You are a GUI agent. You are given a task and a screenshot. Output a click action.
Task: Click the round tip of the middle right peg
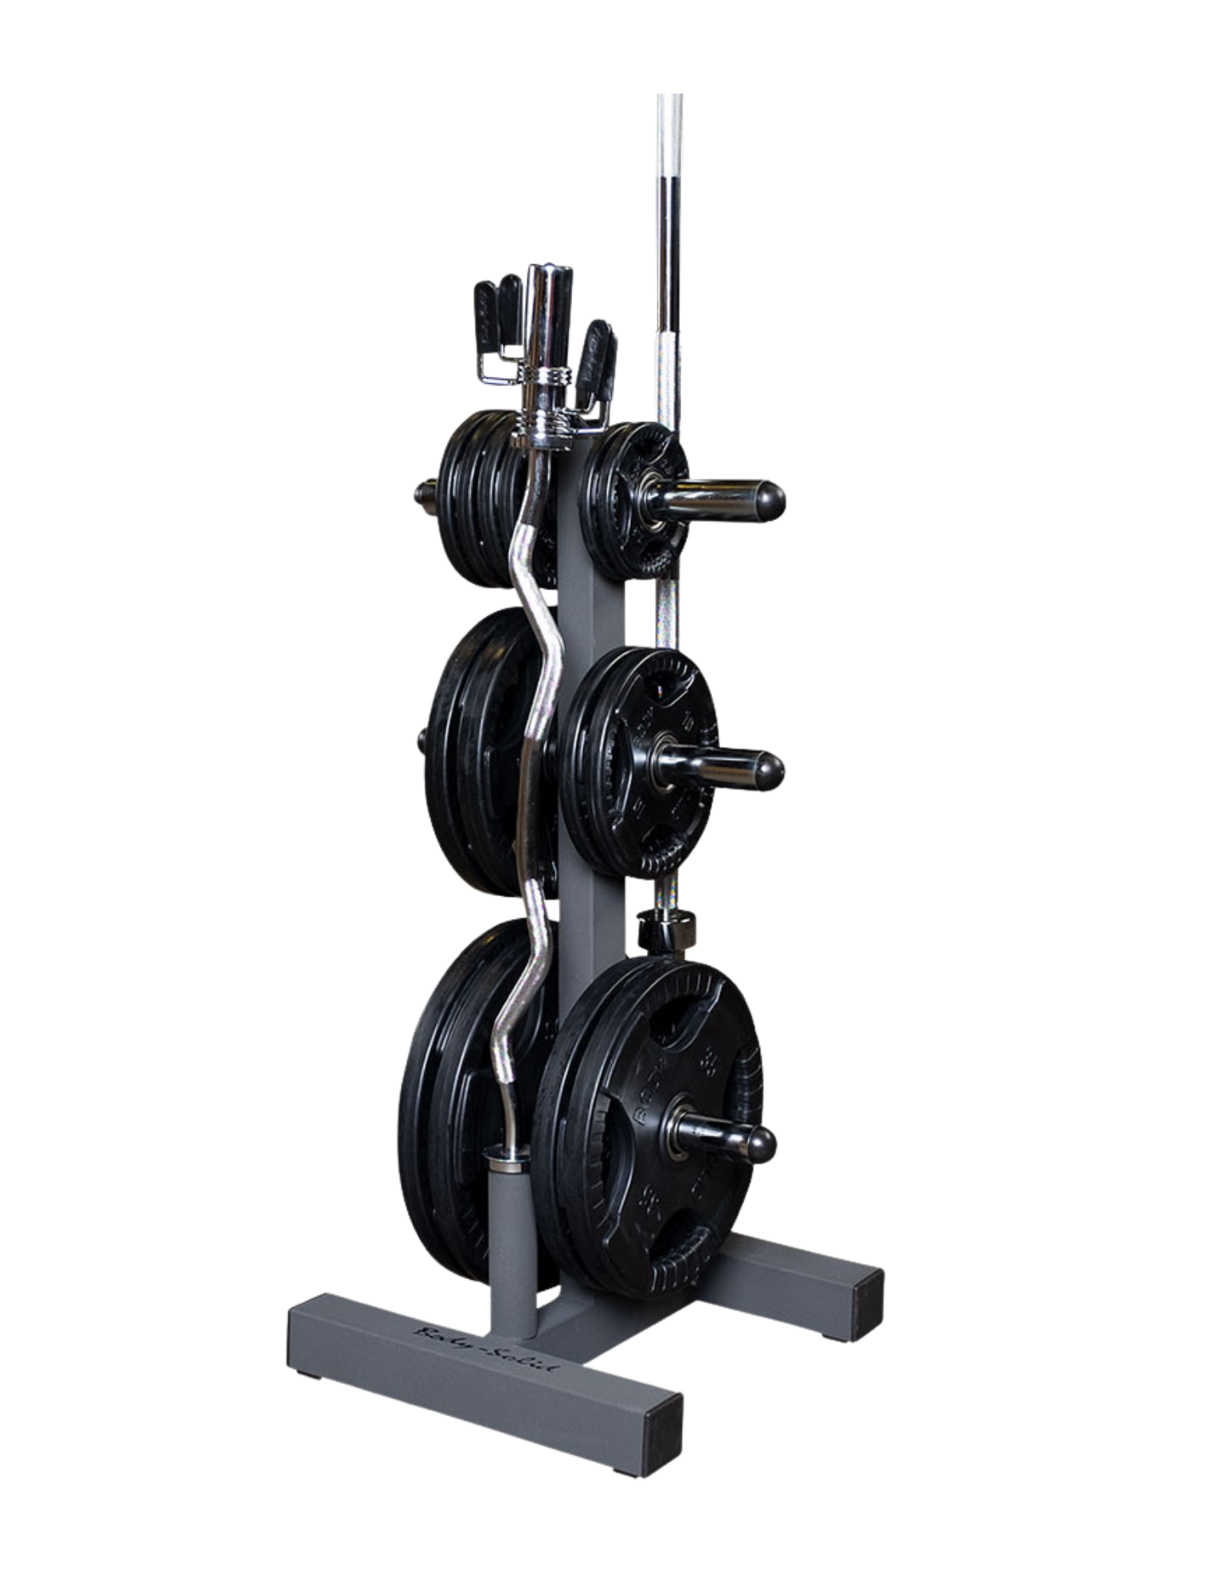click(x=770, y=770)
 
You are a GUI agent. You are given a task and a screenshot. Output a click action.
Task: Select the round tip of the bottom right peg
click(x=760, y=1144)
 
